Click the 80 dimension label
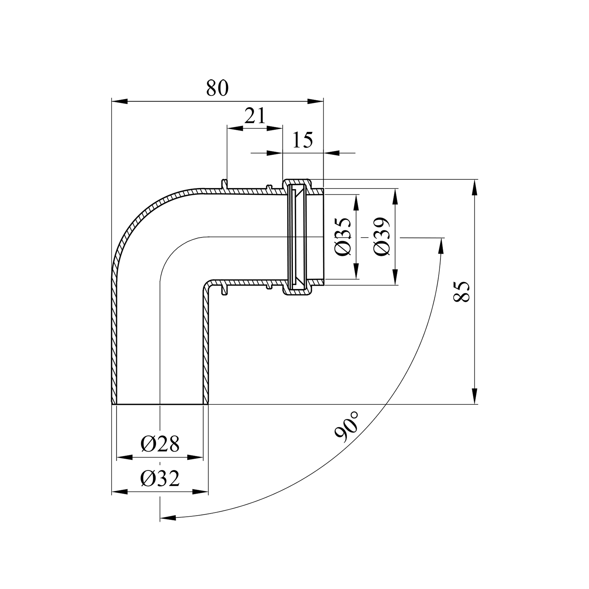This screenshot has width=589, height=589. (217, 88)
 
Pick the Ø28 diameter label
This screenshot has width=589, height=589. (160, 444)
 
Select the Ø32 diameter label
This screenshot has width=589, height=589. (160, 478)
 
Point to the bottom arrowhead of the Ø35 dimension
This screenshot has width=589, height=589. (356, 271)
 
